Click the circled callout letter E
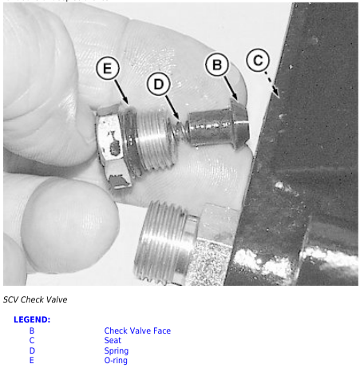coord(108,69)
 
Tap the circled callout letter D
coord(158,84)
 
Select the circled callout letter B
coord(217,65)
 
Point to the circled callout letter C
coord(258,60)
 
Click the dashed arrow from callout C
coord(271,84)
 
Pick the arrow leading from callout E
coord(121,92)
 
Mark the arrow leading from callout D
coord(172,108)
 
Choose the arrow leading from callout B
coord(231,88)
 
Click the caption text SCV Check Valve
coord(35,299)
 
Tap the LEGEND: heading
coord(32,319)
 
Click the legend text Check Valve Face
coord(137,330)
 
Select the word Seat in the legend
coord(113,340)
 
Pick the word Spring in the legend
coord(117,350)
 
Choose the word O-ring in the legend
coord(116,360)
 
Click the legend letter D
coord(32,350)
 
